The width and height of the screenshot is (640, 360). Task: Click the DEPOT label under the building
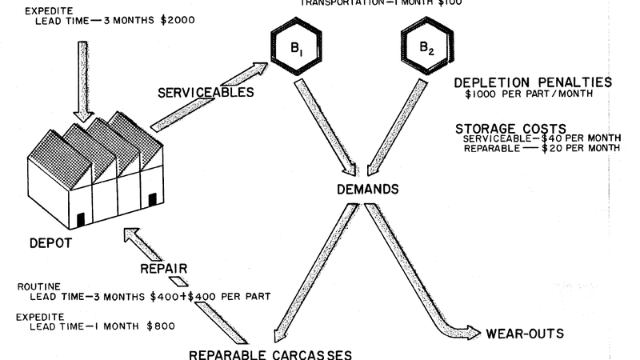coord(46,241)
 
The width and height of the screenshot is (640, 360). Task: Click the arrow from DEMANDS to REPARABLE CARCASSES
coord(311,273)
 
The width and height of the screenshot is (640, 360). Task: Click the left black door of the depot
coord(80,219)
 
